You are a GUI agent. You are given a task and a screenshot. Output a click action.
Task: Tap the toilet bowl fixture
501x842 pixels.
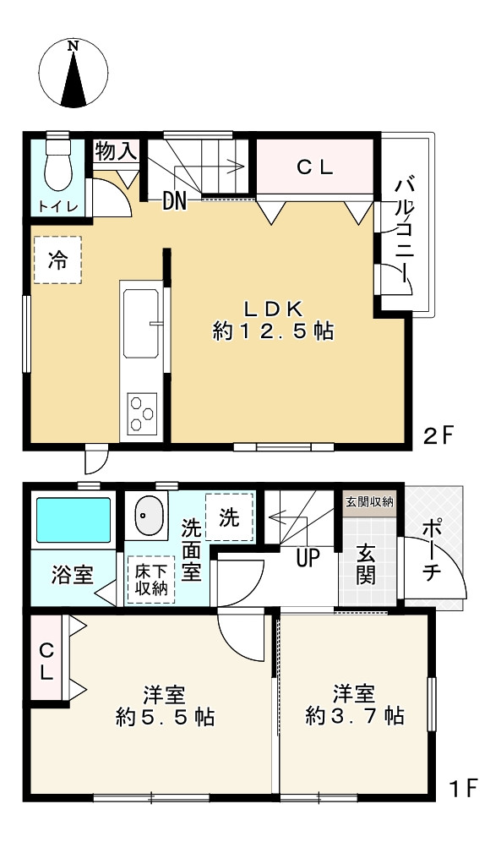tap(58, 167)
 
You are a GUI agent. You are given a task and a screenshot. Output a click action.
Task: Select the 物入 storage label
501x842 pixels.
tap(116, 152)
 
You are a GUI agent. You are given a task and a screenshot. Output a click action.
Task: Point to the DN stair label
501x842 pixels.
tap(175, 201)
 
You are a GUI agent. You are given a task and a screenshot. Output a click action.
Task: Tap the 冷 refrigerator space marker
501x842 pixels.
tap(57, 260)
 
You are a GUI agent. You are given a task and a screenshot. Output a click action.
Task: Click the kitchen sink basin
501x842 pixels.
tap(140, 324)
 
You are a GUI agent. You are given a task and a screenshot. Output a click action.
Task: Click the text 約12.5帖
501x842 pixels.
tap(272, 331)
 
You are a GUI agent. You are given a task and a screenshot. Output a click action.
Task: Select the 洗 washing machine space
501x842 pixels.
tap(229, 517)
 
